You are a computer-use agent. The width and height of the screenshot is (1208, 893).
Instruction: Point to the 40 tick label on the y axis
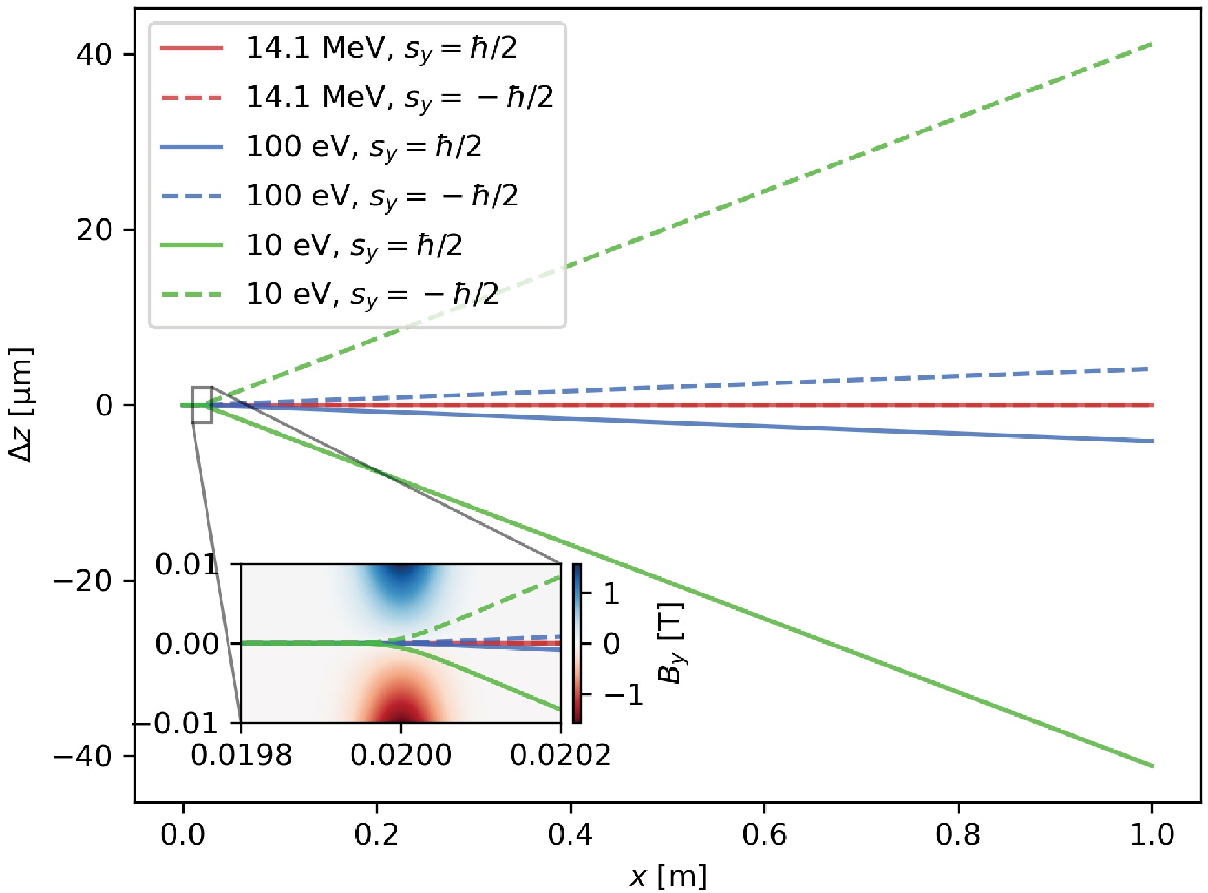[94, 54]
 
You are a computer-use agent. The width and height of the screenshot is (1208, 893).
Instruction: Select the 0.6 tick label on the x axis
[764, 835]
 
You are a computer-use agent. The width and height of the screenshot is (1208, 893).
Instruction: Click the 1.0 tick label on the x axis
[1152, 835]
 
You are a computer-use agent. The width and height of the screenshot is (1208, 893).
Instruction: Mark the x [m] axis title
[668, 876]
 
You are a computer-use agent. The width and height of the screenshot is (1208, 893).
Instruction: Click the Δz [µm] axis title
[21, 404]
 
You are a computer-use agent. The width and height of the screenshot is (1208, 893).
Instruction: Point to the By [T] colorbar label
[670, 643]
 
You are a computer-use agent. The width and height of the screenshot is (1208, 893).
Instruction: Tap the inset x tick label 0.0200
[401, 755]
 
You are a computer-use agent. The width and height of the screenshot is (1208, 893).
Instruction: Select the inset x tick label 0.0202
[560, 755]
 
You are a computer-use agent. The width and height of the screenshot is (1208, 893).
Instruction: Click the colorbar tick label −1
[624, 695]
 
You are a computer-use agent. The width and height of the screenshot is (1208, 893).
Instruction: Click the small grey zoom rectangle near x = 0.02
[202, 405]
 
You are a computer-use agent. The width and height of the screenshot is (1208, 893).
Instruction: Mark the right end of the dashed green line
[1152, 43]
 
